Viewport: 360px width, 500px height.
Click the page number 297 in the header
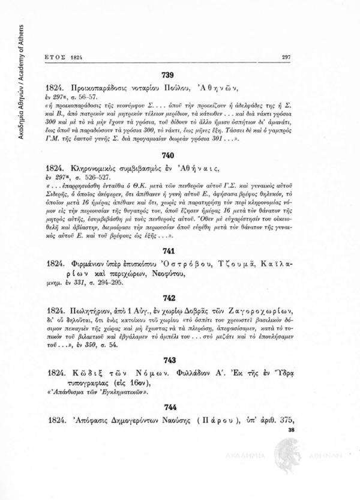(286, 57)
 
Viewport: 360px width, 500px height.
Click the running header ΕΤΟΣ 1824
(63, 57)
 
